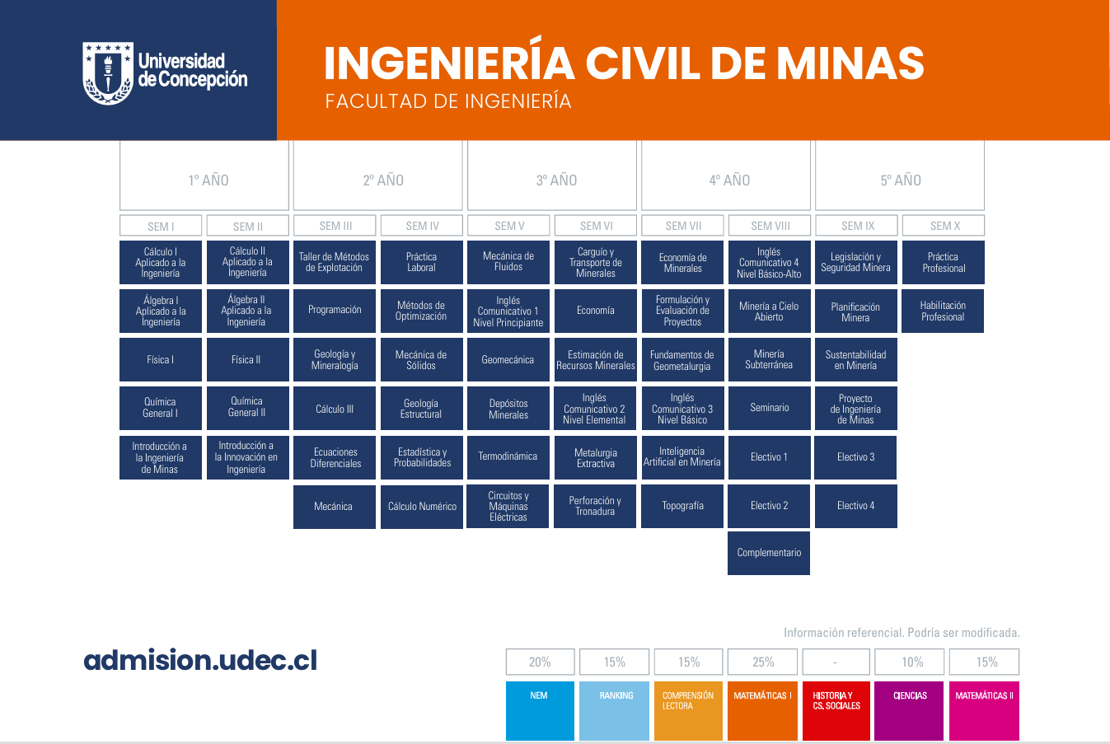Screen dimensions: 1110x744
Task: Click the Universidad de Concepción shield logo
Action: (108, 73)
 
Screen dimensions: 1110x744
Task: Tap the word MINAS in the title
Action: (850, 63)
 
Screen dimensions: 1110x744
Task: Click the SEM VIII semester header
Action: (770, 226)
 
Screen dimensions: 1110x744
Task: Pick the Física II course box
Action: (248, 359)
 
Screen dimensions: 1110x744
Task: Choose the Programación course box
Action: (335, 311)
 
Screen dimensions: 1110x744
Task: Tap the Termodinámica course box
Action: (508, 457)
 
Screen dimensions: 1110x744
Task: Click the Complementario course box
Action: (769, 554)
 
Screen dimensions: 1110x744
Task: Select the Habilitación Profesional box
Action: (943, 311)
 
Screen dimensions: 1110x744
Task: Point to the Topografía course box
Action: (682, 506)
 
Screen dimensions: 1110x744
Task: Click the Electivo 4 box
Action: (856, 506)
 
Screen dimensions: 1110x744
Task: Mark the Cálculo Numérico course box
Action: (422, 507)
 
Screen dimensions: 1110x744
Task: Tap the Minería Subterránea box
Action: (769, 359)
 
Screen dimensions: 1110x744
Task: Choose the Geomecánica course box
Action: (508, 359)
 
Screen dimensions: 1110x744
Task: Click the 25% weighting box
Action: (762, 662)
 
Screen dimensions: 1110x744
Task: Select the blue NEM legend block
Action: (540, 711)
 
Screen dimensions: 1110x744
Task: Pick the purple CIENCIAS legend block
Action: (909, 711)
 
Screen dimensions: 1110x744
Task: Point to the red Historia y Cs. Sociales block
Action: (836, 711)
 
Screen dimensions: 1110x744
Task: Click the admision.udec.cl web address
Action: (200, 660)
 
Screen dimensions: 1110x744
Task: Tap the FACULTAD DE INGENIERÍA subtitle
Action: (448, 101)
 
